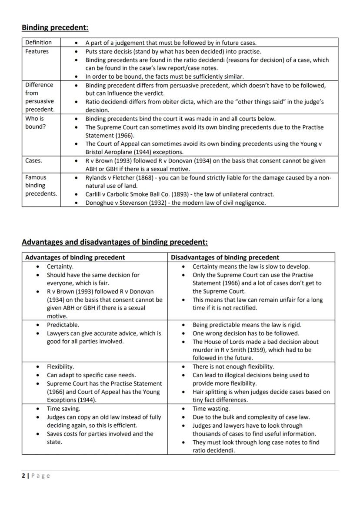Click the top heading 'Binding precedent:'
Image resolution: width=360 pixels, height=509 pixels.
[x=55, y=28]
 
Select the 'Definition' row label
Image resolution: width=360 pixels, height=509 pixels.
[x=38, y=42]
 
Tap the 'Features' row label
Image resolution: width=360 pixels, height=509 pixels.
[x=37, y=51]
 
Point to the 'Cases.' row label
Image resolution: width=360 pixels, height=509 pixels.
[x=33, y=160]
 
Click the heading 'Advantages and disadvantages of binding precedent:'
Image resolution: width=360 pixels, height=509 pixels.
[x=115, y=242]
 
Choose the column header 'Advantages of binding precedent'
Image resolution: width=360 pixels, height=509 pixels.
[x=75, y=257]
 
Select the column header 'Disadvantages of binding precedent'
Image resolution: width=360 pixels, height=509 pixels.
[x=225, y=257]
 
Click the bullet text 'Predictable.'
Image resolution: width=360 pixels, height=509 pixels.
[x=63, y=325]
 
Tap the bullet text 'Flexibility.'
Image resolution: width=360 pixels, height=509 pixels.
[x=60, y=366]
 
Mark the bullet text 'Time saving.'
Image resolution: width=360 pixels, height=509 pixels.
[x=63, y=409]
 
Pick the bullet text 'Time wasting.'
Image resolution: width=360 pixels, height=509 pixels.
[x=211, y=409]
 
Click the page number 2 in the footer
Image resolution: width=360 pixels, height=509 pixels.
[x=23, y=476]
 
